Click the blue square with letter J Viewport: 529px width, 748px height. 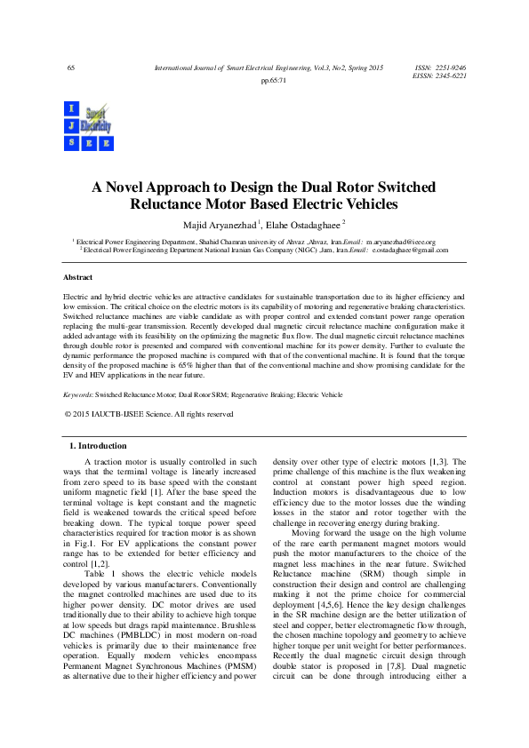[x=71, y=125]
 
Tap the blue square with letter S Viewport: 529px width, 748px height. [x=71, y=141]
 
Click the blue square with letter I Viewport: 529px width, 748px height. [x=71, y=108]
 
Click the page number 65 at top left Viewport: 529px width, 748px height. [x=71, y=68]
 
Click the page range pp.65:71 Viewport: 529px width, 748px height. [x=273, y=81]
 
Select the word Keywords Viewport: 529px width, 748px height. [x=77, y=394]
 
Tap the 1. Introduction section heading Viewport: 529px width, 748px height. [x=98, y=445]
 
